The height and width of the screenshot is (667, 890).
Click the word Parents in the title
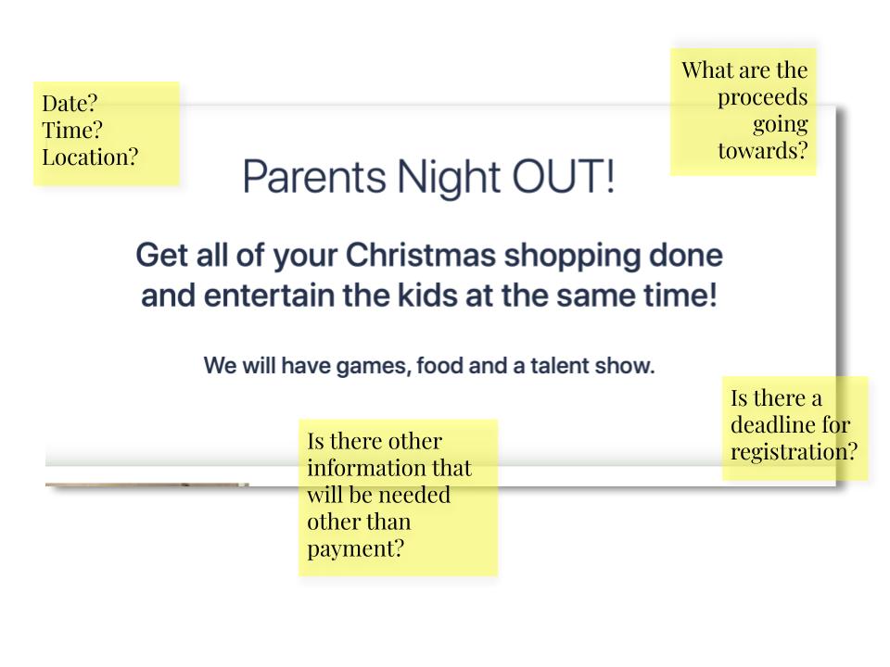pos(315,177)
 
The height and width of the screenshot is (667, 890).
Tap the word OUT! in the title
pos(564,177)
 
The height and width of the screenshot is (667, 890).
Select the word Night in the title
pos(449,178)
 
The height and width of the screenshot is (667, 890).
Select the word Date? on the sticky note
pos(70,103)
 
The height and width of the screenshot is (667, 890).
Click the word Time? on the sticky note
pos(72,130)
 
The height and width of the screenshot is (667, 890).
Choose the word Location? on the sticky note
pos(90,157)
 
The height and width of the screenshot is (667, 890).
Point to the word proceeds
pos(762,98)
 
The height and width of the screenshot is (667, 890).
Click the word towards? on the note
pos(762,151)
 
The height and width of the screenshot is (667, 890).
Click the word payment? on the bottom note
pos(356,549)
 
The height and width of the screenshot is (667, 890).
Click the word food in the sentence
pos(439,366)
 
